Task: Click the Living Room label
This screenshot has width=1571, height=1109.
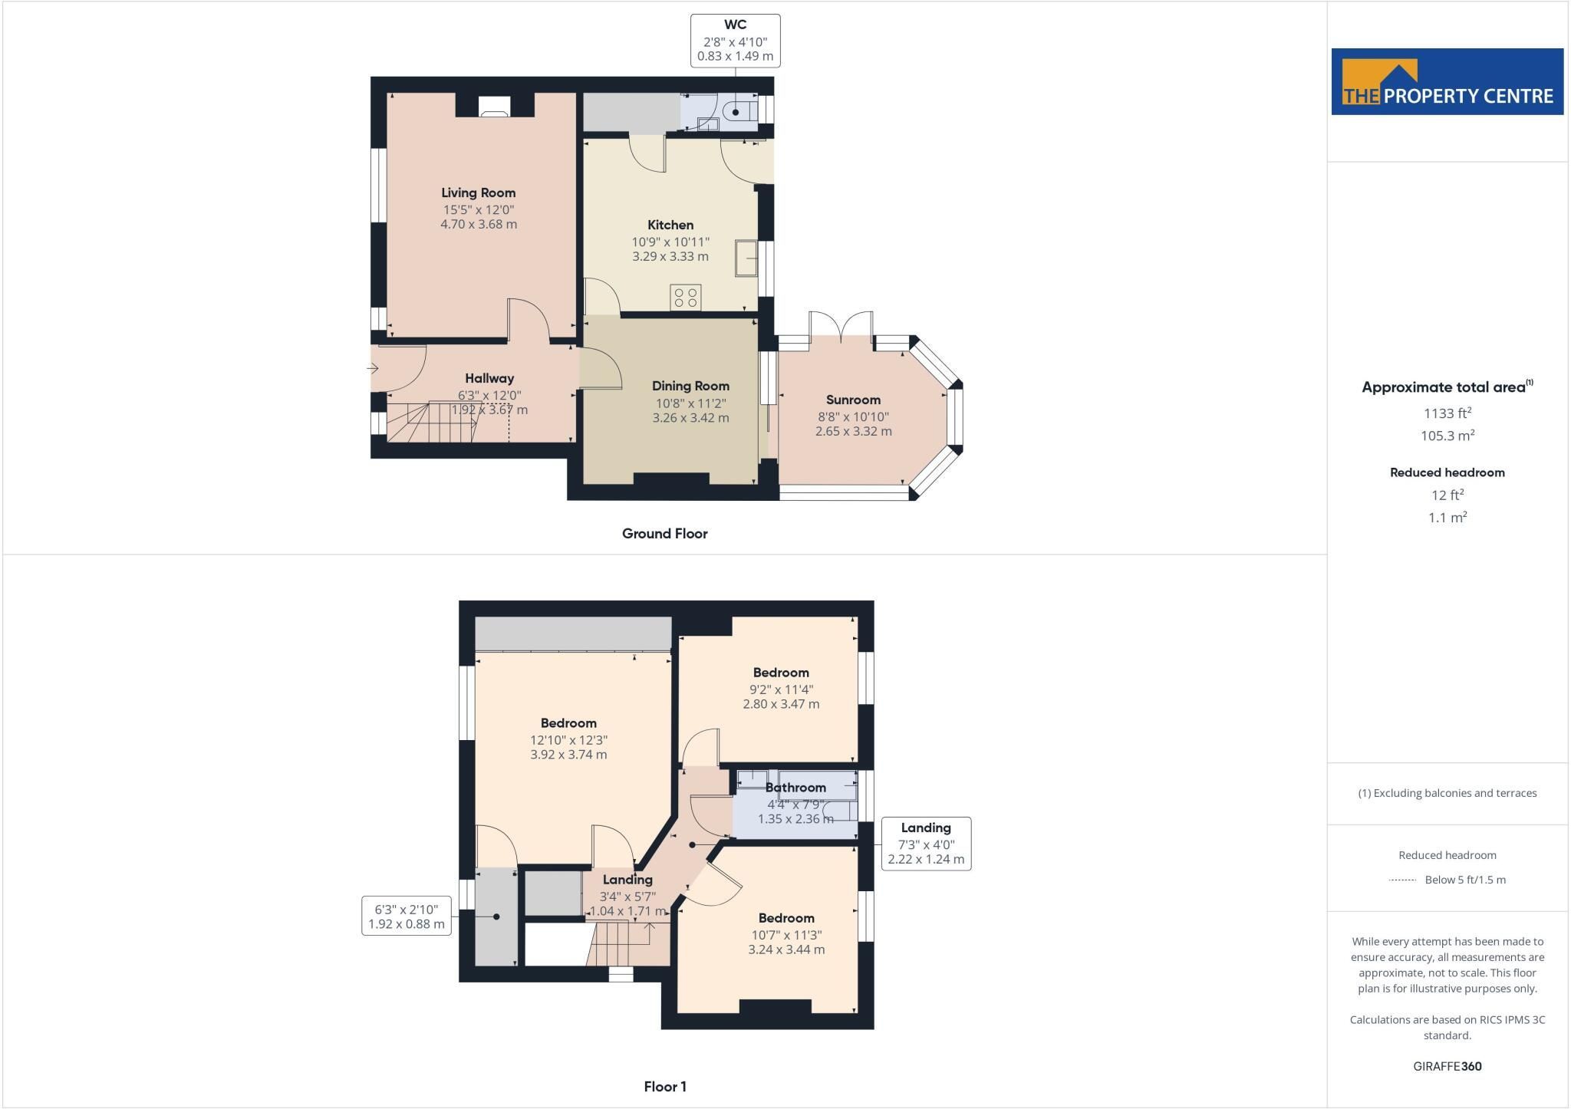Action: pyautogui.click(x=478, y=193)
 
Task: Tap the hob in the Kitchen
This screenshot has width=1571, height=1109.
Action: pyautogui.click(x=686, y=298)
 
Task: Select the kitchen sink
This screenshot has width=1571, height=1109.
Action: pyautogui.click(x=746, y=258)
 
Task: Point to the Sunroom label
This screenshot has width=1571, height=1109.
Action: pyautogui.click(x=853, y=400)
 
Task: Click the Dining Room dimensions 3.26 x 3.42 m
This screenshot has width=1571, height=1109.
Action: pyautogui.click(x=690, y=418)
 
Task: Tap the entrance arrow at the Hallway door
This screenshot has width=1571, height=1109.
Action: pyautogui.click(x=373, y=368)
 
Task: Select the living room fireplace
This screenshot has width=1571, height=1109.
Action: pyautogui.click(x=495, y=106)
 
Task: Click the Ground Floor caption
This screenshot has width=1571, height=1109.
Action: pyautogui.click(x=664, y=534)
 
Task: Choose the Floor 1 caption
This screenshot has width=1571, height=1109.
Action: pyautogui.click(x=665, y=1087)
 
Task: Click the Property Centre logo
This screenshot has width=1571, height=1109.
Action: pyautogui.click(x=1447, y=82)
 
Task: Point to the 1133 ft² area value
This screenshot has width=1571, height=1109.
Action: pyautogui.click(x=1447, y=413)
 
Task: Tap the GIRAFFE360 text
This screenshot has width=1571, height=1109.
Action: pyautogui.click(x=1447, y=1066)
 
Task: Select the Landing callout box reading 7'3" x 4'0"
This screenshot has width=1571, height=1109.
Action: pyautogui.click(x=926, y=844)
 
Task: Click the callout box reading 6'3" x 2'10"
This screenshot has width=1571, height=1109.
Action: pyautogui.click(x=407, y=916)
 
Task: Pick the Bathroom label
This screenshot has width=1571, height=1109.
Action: pyautogui.click(x=795, y=788)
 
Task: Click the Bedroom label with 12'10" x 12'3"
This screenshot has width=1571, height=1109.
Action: pyautogui.click(x=568, y=723)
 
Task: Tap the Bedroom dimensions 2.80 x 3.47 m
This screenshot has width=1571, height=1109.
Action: pyautogui.click(x=781, y=704)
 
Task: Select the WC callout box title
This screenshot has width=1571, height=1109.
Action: pyautogui.click(x=736, y=25)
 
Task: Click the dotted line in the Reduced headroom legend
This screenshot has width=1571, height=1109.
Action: pyautogui.click(x=1402, y=880)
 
